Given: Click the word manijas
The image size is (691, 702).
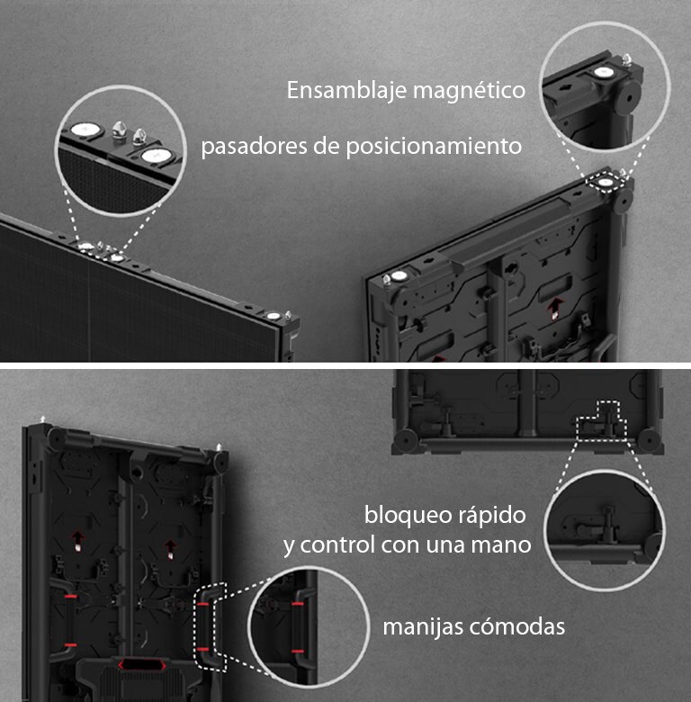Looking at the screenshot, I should coord(422,626).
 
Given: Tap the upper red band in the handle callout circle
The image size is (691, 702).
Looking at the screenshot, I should coord(297,606).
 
